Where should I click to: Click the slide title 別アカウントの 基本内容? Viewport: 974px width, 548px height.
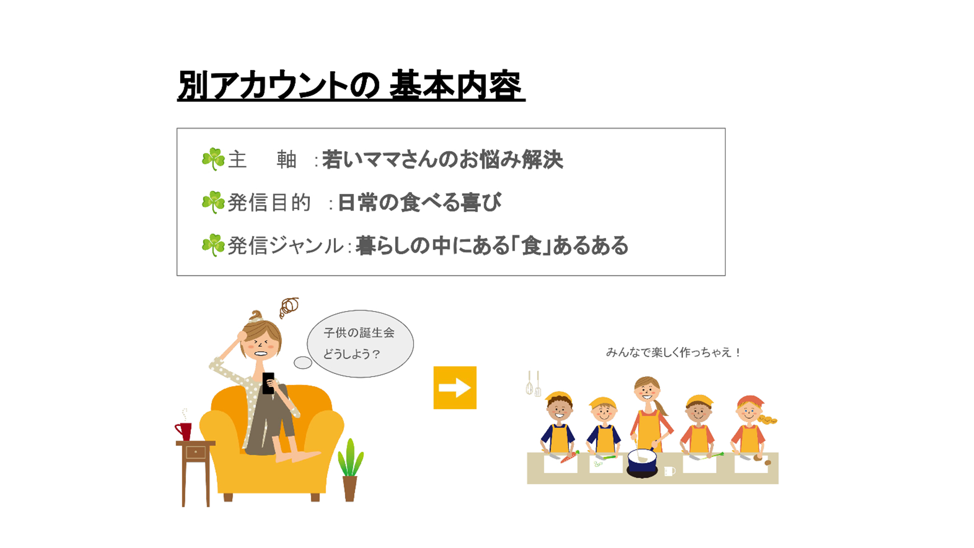(x=351, y=85)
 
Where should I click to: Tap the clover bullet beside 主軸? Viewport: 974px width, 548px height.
(x=213, y=159)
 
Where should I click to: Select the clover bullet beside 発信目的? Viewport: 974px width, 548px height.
(x=213, y=202)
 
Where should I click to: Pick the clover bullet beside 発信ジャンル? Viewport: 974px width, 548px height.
(x=213, y=245)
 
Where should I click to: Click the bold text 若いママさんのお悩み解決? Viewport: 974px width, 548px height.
(x=442, y=159)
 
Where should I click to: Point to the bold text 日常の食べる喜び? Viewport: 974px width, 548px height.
(x=420, y=202)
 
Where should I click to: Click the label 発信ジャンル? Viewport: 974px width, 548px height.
(x=286, y=246)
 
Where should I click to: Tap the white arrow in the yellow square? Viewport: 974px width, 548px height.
(x=455, y=388)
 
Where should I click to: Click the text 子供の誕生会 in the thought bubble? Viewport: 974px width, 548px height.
(x=359, y=333)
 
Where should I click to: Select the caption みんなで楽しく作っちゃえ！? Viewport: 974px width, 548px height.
(x=674, y=352)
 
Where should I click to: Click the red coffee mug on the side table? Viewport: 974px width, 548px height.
(x=184, y=431)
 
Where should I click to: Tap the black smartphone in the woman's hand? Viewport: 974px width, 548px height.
(x=268, y=383)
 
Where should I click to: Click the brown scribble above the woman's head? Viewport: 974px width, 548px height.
(x=289, y=307)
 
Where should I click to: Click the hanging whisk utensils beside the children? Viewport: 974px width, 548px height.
(x=533, y=384)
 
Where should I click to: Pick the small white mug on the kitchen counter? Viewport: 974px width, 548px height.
(x=670, y=471)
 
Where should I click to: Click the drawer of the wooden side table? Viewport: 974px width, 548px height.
(x=195, y=452)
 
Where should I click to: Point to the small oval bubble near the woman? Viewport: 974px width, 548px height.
(x=303, y=362)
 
